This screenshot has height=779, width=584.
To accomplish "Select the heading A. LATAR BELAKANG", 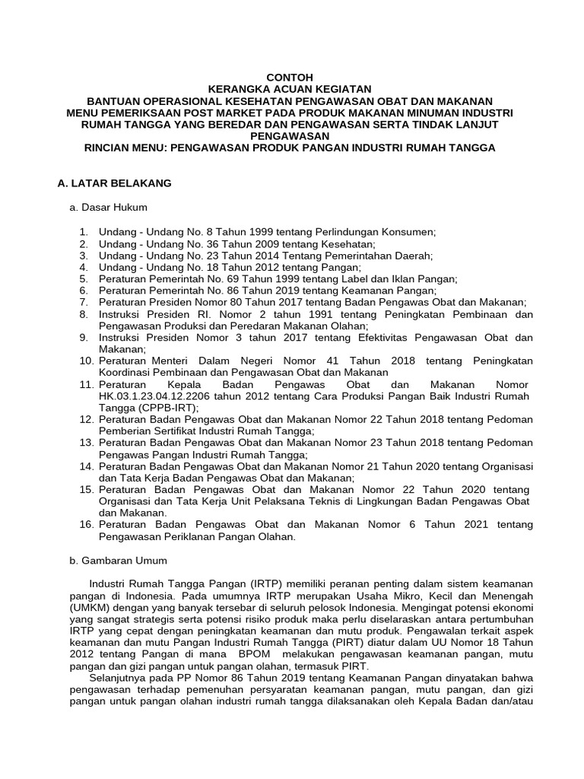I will click(x=115, y=183).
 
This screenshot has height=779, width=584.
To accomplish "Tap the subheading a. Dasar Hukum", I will click(x=109, y=207).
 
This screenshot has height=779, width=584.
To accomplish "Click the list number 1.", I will click(x=84, y=231).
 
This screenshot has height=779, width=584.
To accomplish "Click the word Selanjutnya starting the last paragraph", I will click(x=119, y=677).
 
